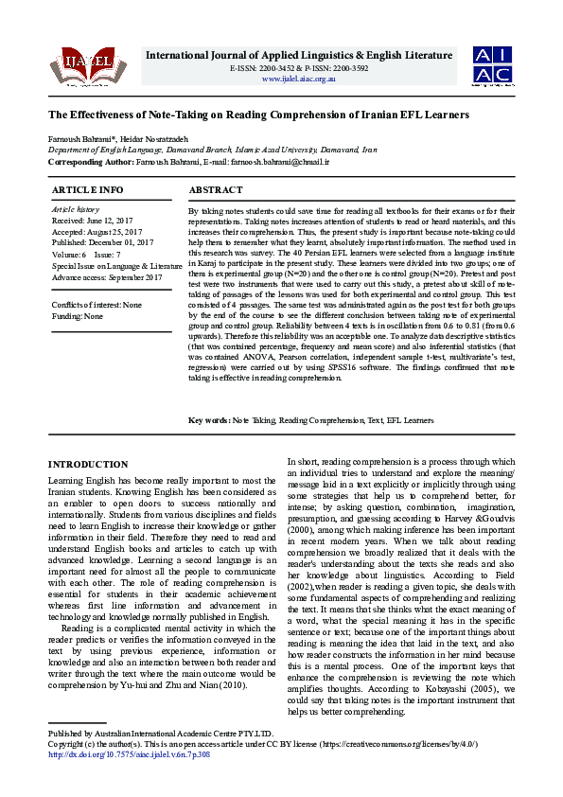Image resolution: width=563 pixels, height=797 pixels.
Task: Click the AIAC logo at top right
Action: [x=494, y=64]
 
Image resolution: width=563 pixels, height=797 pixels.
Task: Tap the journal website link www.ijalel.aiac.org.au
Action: [x=298, y=79]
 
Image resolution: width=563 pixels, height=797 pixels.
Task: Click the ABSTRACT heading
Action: [x=216, y=190]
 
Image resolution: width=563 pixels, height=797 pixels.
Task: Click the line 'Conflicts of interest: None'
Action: [x=97, y=306]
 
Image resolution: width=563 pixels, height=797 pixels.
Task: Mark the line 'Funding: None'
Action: [x=78, y=316]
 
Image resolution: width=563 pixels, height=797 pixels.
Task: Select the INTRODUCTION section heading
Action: [x=88, y=464]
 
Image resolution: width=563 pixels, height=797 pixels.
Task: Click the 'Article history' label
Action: [x=75, y=208]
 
